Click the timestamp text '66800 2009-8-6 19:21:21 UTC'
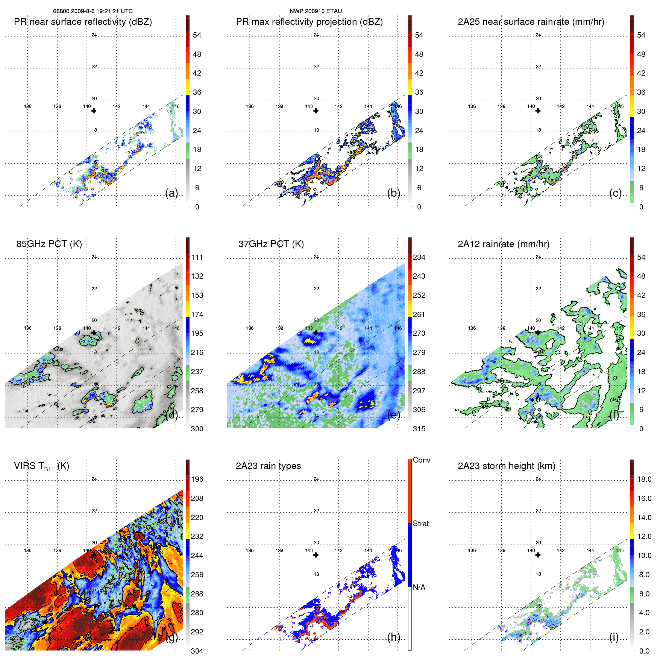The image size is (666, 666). click(x=93, y=11)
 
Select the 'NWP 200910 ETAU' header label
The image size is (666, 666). click(x=316, y=11)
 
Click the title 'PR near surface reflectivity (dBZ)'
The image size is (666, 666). click(x=83, y=22)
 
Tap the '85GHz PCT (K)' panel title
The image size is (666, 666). click(x=49, y=244)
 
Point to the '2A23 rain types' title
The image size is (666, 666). click(x=268, y=466)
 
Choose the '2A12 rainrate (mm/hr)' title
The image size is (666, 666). click(x=503, y=244)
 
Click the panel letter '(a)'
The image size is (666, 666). click(x=171, y=193)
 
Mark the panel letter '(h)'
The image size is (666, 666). click(x=393, y=637)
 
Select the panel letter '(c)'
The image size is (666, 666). click(x=615, y=193)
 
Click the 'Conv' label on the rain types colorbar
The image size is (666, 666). click(x=421, y=460)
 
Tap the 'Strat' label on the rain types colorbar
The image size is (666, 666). click(x=420, y=524)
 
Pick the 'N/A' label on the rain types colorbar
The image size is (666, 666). click(x=419, y=587)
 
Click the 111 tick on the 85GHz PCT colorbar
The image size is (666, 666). click(x=197, y=258)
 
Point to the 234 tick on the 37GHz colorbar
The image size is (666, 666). click(x=419, y=258)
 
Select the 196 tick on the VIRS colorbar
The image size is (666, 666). click(x=197, y=479)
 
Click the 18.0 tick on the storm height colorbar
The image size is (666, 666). click(x=644, y=479)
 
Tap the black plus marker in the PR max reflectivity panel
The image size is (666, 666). click(x=316, y=111)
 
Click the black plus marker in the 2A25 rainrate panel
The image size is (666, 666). click(x=538, y=111)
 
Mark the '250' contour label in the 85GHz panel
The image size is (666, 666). click(x=27, y=382)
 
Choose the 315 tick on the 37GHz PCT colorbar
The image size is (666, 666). click(x=419, y=429)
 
